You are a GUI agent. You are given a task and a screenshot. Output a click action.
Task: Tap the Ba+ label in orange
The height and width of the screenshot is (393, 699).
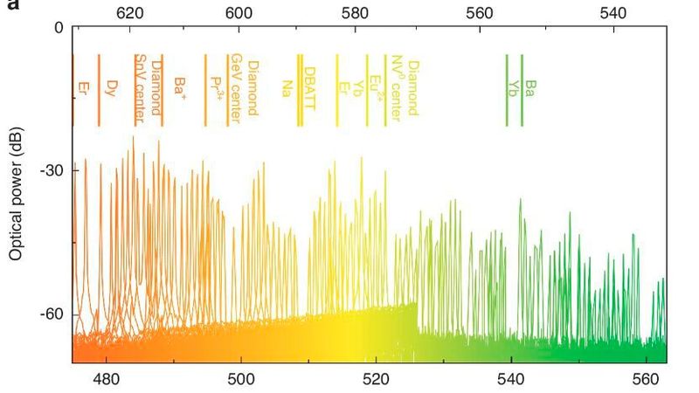180,86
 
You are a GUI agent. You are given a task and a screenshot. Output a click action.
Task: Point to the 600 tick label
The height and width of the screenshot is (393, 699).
239,13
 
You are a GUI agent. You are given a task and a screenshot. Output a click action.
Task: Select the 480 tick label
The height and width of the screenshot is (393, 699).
106,380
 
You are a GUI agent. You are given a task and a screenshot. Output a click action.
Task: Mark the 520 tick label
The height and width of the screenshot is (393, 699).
376,380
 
